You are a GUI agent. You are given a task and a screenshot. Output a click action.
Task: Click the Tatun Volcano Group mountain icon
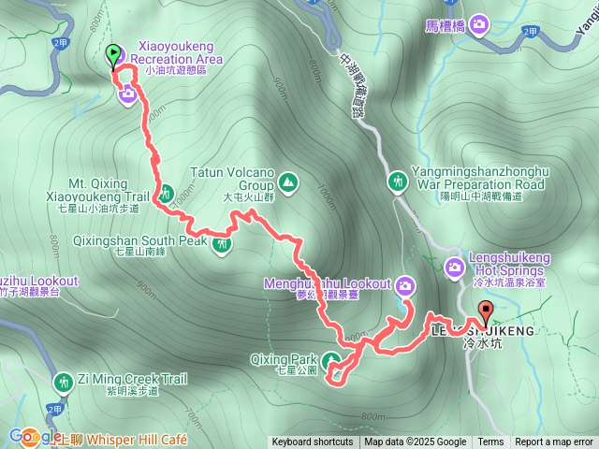point(287,180)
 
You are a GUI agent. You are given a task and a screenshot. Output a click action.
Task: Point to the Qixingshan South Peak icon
point(222,246)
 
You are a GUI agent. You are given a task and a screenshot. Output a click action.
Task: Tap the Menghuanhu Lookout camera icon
point(405,285)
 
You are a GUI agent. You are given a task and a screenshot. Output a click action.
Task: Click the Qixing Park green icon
point(330,360)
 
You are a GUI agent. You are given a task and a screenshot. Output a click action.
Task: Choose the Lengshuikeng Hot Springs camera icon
point(455,268)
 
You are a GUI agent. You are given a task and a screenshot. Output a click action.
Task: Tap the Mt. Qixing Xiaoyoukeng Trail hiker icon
point(166,195)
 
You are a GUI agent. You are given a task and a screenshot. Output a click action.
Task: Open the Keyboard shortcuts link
point(313,442)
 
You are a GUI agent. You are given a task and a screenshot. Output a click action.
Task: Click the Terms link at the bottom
point(490,442)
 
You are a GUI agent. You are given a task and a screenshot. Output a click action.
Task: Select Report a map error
point(556,442)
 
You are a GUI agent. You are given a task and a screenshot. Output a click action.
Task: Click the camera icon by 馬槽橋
point(480,23)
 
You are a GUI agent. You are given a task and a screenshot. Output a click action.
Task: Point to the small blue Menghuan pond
point(406,306)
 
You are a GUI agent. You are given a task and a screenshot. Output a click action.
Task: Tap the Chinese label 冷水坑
point(482,344)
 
